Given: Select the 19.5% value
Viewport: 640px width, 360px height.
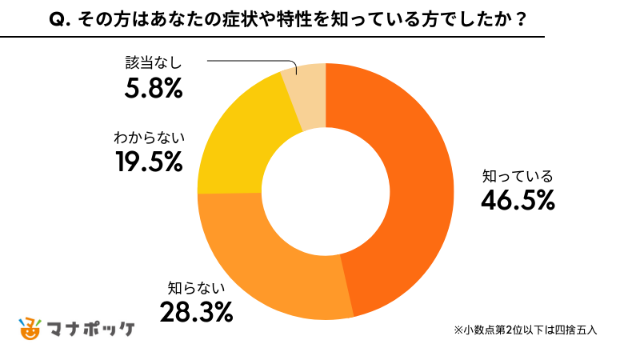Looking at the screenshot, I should point(150,162).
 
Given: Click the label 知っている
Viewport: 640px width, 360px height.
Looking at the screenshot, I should point(518,177).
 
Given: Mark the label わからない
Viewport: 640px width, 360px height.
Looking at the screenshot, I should point(150,138).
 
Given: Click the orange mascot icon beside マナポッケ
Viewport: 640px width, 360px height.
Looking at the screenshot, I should point(29,327).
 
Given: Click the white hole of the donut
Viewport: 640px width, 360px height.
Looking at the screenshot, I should point(325,191).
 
